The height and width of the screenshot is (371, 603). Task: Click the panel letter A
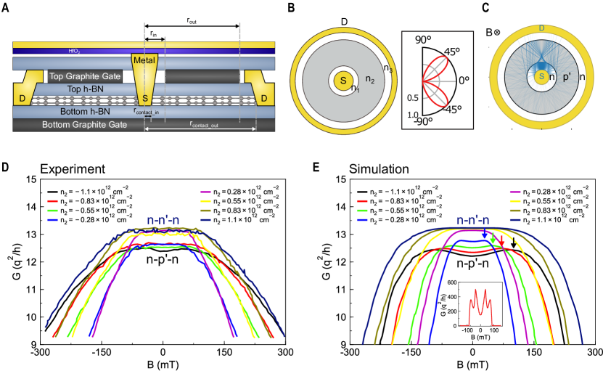point(6,7)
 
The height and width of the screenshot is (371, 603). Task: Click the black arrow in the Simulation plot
point(513,242)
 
